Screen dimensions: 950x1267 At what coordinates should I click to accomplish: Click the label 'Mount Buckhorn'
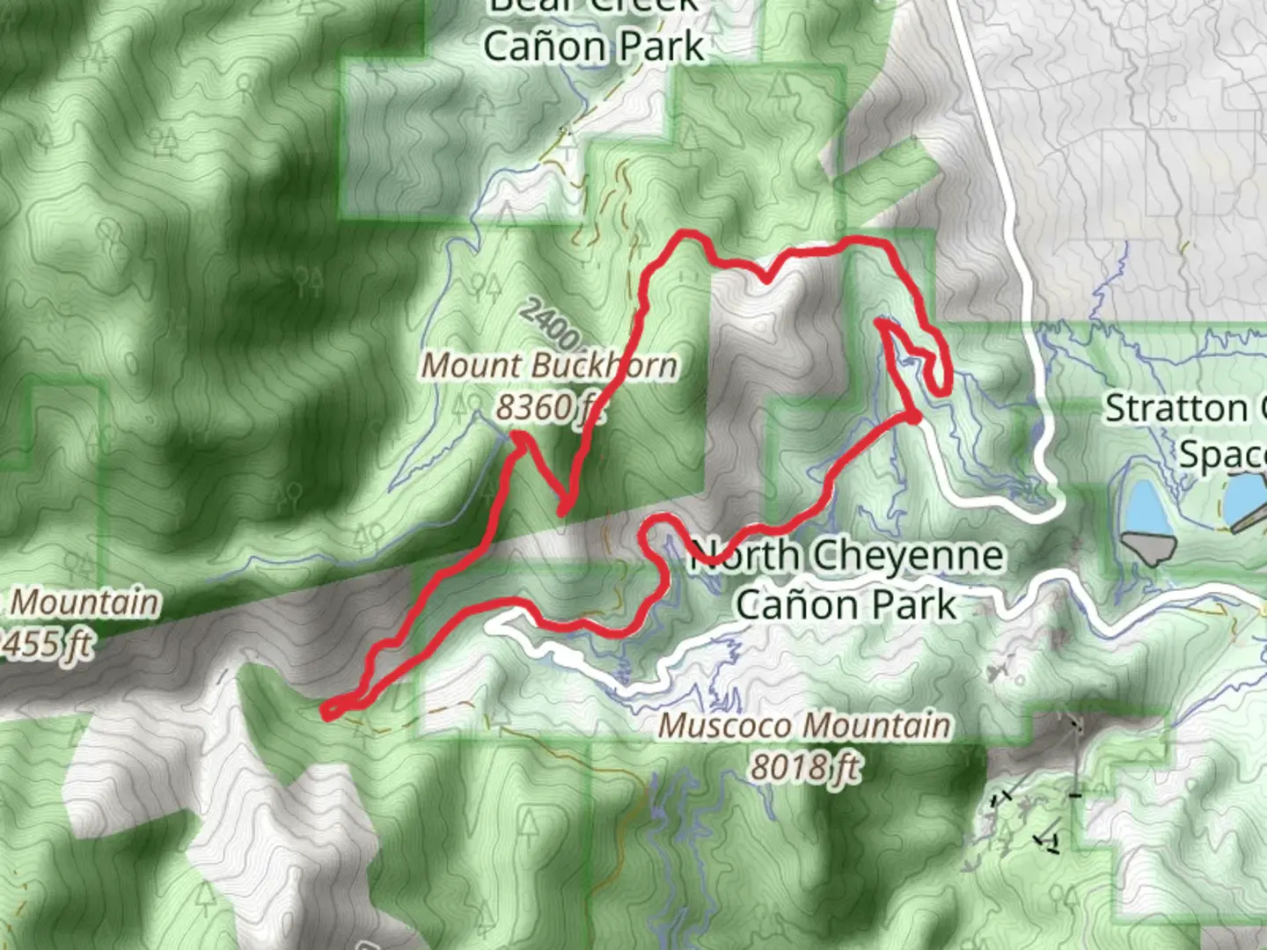(550, 366)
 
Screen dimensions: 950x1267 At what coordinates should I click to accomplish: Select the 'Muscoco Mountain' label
(804, 726)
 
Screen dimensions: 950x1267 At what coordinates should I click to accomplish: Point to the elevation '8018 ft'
(804, 767)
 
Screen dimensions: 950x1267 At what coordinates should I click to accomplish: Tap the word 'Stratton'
(1175, 409)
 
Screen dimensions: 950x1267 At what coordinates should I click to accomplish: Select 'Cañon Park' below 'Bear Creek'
(594, 46)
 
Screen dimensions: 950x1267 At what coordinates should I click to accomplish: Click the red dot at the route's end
(914, 418)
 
